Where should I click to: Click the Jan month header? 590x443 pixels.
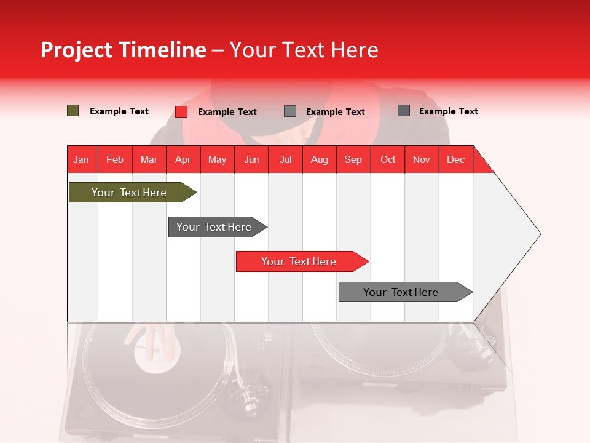[81, 159]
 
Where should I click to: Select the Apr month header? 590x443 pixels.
[183, 159]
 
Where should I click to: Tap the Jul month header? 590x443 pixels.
[285, 159]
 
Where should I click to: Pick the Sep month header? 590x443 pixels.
[353, 159]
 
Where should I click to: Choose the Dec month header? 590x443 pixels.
[455, 159]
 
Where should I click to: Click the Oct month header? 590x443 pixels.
[388, 159]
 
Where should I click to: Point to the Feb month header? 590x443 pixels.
[115, 159]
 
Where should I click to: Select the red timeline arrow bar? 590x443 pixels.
[300, 261]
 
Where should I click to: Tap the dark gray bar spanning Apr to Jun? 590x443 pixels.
[215, 227]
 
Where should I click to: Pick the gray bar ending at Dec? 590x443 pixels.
[403, 292]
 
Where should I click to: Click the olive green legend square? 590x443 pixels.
[73, 111]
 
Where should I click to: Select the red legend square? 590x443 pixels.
[181, 111]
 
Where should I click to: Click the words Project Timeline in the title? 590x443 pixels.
[123, 50]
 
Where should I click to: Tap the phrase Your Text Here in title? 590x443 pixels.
[304, 50]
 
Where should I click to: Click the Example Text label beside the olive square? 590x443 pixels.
[119, 111]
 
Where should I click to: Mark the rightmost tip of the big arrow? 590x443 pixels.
[540, 234]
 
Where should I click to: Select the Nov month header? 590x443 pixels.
[422, 159]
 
